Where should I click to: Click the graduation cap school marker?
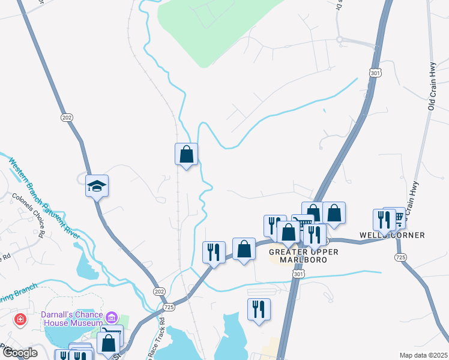point(96,186)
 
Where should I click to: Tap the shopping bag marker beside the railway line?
point(186,154)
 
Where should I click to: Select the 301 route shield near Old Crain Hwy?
point(375,73)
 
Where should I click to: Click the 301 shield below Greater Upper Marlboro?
point(298,274)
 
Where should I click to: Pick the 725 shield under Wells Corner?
point(400,257)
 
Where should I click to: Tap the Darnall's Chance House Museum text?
point(72,318)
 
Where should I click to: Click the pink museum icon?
point(111,317)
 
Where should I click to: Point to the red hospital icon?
point(20,319)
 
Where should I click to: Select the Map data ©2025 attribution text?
point(423,355)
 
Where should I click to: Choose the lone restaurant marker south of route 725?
point(259,309)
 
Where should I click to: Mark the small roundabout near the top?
point(339,40)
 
